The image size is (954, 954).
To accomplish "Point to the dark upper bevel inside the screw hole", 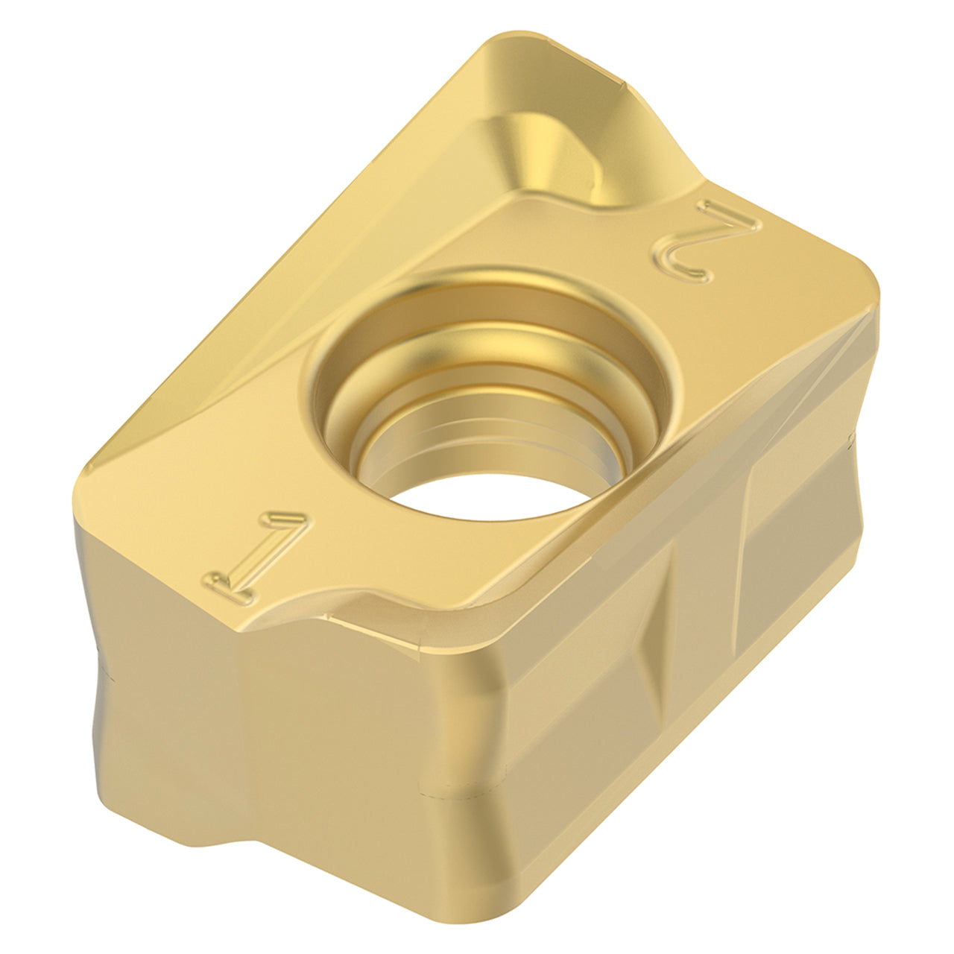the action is click(x=487, y=302).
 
